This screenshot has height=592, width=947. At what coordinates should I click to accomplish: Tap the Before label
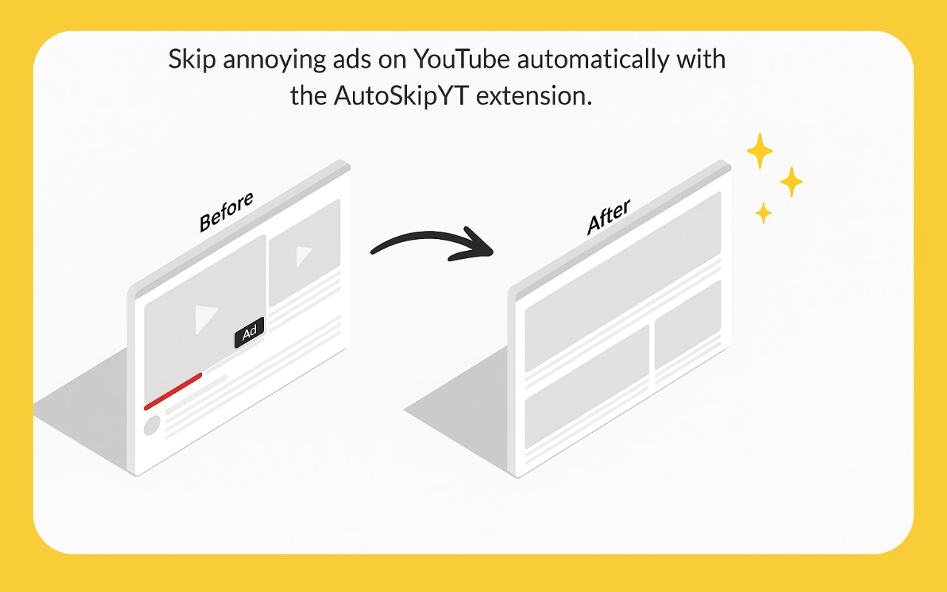(x=226, y=212)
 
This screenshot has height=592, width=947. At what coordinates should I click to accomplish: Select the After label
(x=608, y=218)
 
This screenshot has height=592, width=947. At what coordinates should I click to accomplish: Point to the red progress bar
(x=173, y=391)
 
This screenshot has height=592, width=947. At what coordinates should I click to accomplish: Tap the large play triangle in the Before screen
(x=206, y=318)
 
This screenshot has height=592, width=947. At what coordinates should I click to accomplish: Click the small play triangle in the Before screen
(x=303, y=256)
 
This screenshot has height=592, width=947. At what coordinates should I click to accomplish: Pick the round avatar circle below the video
(x=152, y=425)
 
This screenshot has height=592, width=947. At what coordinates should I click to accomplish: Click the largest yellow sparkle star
(x=759, y=151)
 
